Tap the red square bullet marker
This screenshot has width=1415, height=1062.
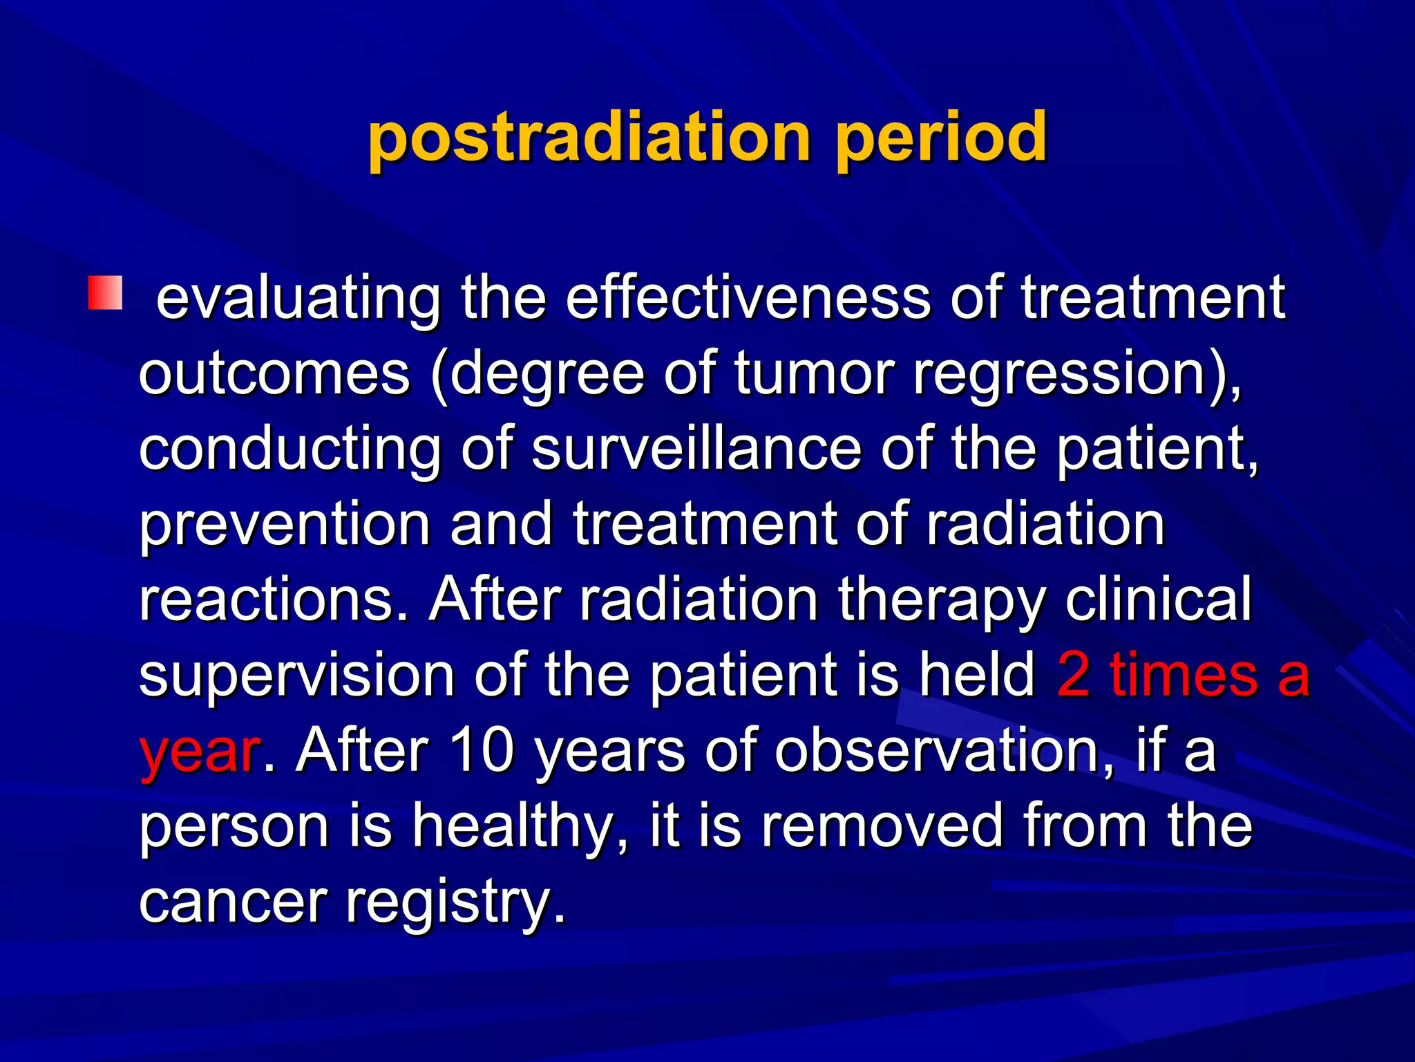tap(105, 293)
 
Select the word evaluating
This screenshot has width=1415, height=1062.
tap(298, 299)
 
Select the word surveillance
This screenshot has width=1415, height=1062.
tap(696, 449)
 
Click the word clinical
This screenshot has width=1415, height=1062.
tap(1158, 599)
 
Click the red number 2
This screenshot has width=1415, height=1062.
tap(1073, 675)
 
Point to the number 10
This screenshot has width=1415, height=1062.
tap(482, 751)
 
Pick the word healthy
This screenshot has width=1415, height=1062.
tap(520, 826)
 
